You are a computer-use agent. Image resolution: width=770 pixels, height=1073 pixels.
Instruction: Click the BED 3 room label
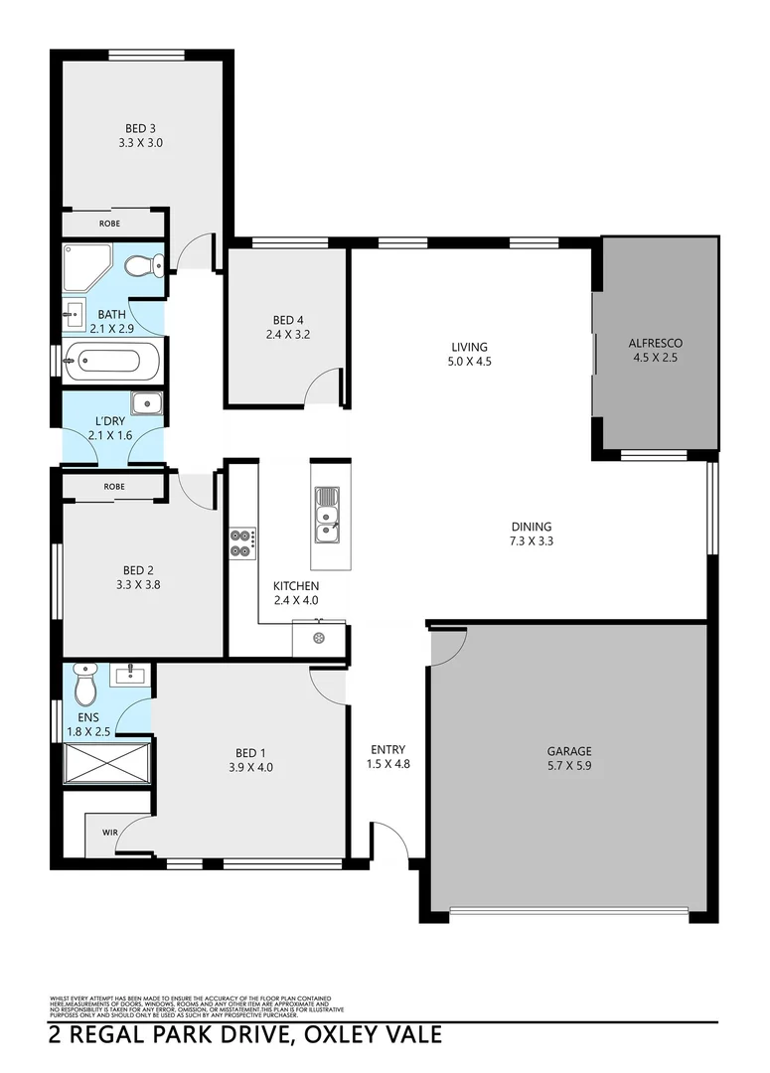140,128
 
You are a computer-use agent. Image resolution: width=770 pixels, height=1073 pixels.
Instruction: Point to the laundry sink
147,404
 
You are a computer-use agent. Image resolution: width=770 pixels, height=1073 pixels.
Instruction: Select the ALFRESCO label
655,344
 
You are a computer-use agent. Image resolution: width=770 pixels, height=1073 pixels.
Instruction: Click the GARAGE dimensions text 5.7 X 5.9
568,766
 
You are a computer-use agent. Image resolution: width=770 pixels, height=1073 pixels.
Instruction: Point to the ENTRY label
386,750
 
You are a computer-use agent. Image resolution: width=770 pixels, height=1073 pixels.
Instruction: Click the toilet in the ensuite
84,683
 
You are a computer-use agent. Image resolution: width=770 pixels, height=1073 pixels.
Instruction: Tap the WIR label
108,832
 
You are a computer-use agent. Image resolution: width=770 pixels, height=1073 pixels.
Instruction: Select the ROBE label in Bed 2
113,487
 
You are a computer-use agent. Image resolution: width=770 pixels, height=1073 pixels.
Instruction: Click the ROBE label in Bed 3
109,224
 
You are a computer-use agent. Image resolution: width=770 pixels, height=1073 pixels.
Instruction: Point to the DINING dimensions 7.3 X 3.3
532,541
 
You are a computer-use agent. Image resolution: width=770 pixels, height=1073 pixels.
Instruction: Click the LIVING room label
469,347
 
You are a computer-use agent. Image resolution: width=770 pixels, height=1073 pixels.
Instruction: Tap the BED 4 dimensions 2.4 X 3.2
288,335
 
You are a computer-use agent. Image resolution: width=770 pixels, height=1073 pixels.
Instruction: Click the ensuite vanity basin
130,675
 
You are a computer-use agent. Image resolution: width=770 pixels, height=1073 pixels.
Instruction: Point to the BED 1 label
250,752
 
